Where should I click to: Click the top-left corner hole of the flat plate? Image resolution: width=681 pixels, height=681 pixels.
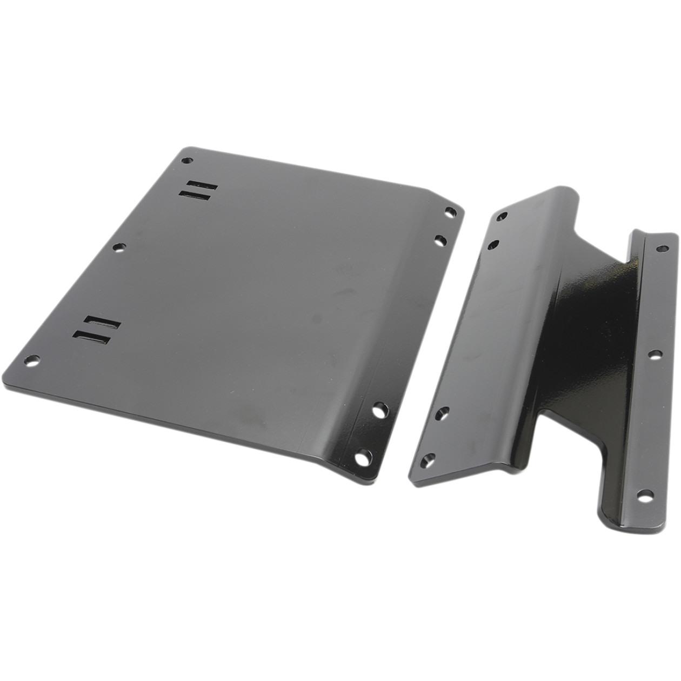(187, 161)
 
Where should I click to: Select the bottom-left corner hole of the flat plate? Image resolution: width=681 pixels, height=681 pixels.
(33, 359)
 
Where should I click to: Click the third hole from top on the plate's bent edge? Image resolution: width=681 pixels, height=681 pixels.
(380, 408)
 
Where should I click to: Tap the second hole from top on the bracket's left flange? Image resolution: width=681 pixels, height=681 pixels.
(493, 245)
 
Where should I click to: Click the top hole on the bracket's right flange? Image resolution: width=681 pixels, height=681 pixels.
(660, 249)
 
